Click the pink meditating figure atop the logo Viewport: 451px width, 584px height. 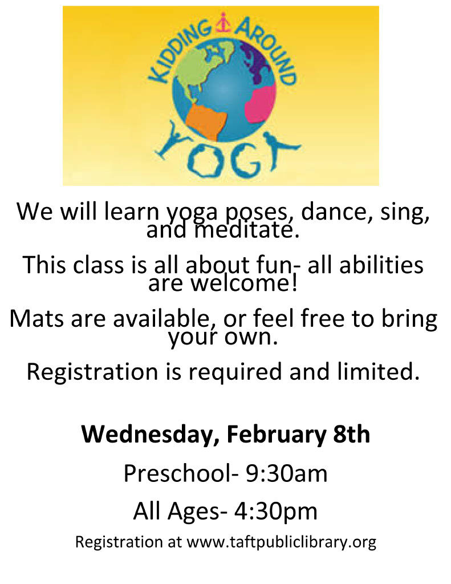coord(223,22)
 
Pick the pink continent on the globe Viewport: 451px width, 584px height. coord(261,103)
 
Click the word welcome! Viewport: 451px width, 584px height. coord(243,283)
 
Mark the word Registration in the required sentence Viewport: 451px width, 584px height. coord(92,372)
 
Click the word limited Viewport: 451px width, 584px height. coord(376,371)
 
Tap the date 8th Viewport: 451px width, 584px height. coord(351,434)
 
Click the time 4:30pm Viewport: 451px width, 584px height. coord(275,511)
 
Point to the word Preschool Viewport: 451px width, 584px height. coord(178,473)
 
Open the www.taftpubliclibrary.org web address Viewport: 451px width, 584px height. coord(281,542)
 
